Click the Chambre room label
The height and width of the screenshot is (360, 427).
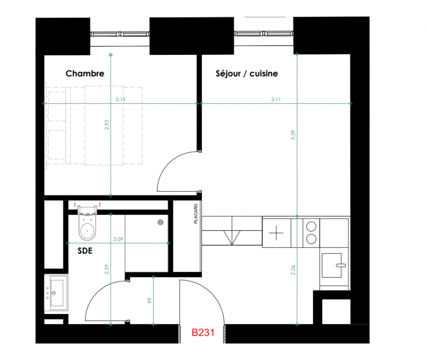[85, 73]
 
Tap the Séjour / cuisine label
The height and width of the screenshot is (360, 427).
[247, 73]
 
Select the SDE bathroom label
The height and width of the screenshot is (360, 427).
[85, 251]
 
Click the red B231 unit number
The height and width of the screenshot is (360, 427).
[203, 333]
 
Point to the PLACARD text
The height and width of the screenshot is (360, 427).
[196, 214]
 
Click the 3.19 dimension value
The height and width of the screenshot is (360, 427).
[120, 99]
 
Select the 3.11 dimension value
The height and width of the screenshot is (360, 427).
[276, 99]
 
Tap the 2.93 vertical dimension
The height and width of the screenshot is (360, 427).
[107, 125]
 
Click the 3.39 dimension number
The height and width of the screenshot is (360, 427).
[293, 135]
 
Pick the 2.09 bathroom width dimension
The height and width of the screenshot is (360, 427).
[118, 239]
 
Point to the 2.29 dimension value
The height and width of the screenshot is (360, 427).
[107, 270]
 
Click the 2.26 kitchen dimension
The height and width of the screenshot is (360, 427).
[293, 270]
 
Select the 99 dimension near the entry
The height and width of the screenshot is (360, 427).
[149, 301]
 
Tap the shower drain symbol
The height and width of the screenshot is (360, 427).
[161, 222]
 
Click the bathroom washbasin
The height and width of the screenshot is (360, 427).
[56, 293]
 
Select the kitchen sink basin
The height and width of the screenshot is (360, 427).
[332, 265]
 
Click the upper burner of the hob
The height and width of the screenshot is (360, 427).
[311, 226]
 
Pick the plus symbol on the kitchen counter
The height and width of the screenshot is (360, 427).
[276, 233]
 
